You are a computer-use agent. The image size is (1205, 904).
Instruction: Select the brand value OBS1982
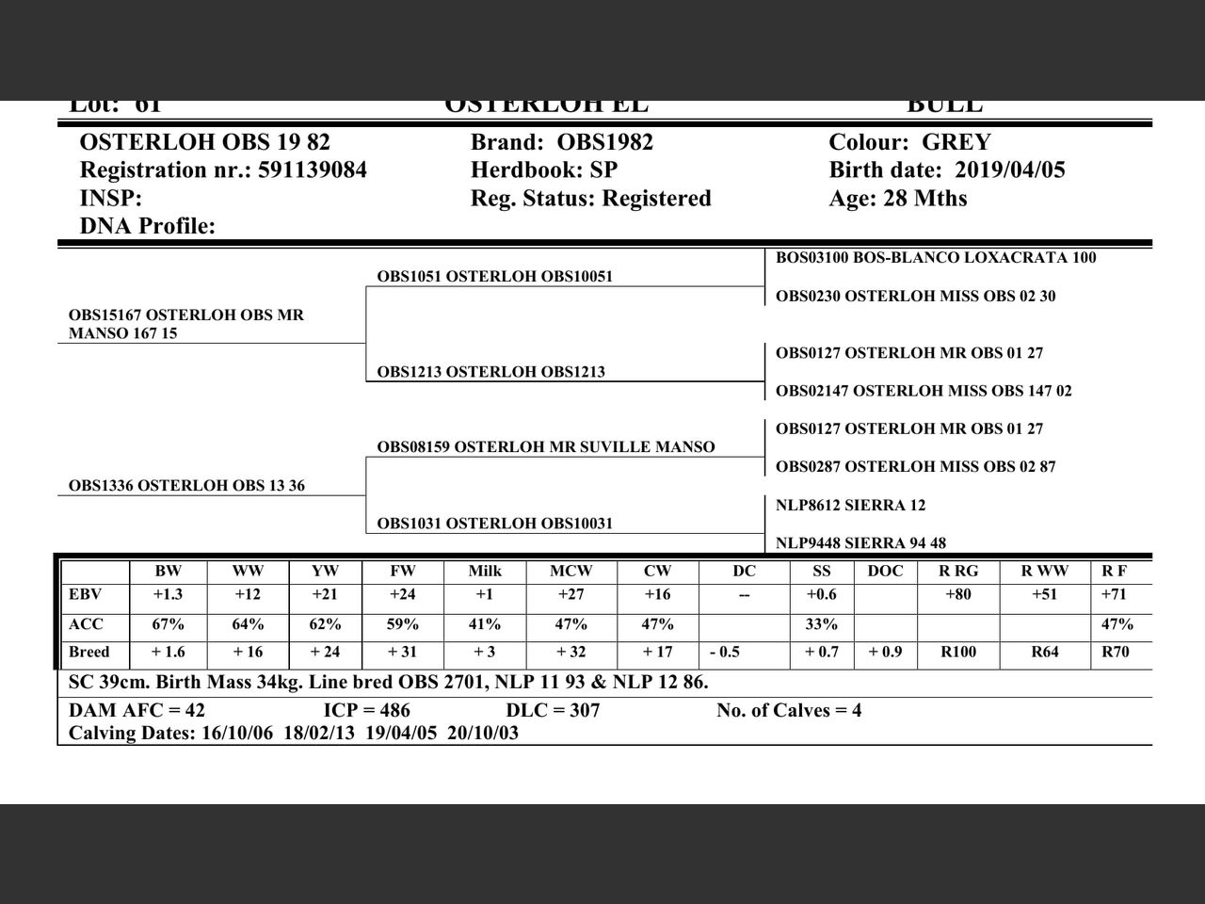pos(605,142)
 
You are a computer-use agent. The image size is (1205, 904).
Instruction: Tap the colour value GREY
pos(956,142)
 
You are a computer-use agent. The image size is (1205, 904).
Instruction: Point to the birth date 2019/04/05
pos(1010,170)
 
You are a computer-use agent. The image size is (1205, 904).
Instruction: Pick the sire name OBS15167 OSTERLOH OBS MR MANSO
pos(185,324)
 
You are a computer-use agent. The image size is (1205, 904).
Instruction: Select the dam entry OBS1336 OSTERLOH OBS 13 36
pos(186,486)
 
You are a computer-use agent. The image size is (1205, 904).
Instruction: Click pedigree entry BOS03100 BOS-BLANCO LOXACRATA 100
pos(936,258)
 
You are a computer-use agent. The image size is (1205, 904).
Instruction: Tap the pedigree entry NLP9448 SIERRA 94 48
pos(860,543)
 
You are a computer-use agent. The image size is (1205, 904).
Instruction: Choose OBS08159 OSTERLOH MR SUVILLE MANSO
pos(546,447)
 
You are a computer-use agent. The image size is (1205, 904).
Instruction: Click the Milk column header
pos(485,571)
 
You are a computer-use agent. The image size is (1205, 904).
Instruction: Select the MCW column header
pos(570,571)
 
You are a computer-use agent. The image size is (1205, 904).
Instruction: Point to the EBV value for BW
pos(168,595)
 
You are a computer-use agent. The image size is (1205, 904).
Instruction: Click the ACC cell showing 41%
pos(485,624)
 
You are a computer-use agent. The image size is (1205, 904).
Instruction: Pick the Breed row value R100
pos(958,653)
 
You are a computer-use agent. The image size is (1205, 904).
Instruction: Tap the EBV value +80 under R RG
pos(958,595)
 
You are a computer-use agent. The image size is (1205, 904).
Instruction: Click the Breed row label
pos(88,653)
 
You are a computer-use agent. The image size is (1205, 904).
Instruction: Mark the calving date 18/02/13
pos(319,734)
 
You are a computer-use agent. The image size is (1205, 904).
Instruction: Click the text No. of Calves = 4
pos(789,711)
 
